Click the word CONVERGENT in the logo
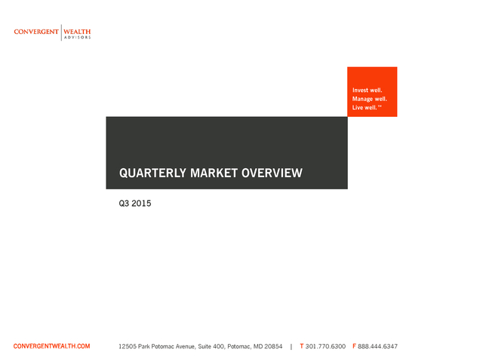point(36,32)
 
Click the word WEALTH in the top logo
point(77,32)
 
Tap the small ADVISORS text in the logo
point(77,38)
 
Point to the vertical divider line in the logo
point(61,32)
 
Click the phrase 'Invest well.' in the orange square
point(368,90)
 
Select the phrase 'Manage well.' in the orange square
point(370,99)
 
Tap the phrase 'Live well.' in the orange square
point(365,107)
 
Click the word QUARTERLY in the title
point(152,173)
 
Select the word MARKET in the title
point(214,173)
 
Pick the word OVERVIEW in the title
point(272,173)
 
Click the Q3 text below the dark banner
point(124,204)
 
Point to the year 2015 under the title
point(141,204)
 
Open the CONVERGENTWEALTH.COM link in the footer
point(52,346)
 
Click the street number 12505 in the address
point(128,346)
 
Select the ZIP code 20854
point(273,346)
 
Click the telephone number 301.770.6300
point(325,346)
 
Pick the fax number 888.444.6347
point(377,346)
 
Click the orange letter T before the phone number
point(302,346)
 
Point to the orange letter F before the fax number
point(354,346)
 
